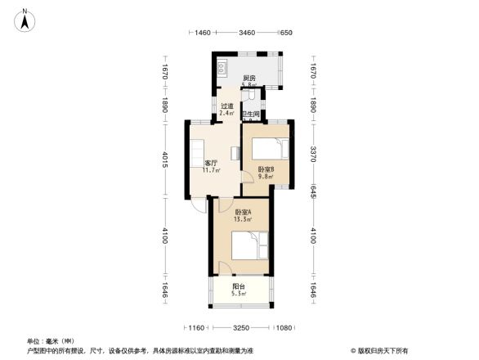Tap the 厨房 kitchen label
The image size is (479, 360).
[x=249, y=79]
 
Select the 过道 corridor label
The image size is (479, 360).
[x=227, y=106]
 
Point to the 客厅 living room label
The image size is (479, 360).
[x=209, y=163]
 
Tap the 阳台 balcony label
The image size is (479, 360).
[x=238, y=286]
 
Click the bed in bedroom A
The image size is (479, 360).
[x=249, y=247]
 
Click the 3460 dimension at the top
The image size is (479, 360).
[x=247, y=32]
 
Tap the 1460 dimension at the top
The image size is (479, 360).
[x=204, y=32]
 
